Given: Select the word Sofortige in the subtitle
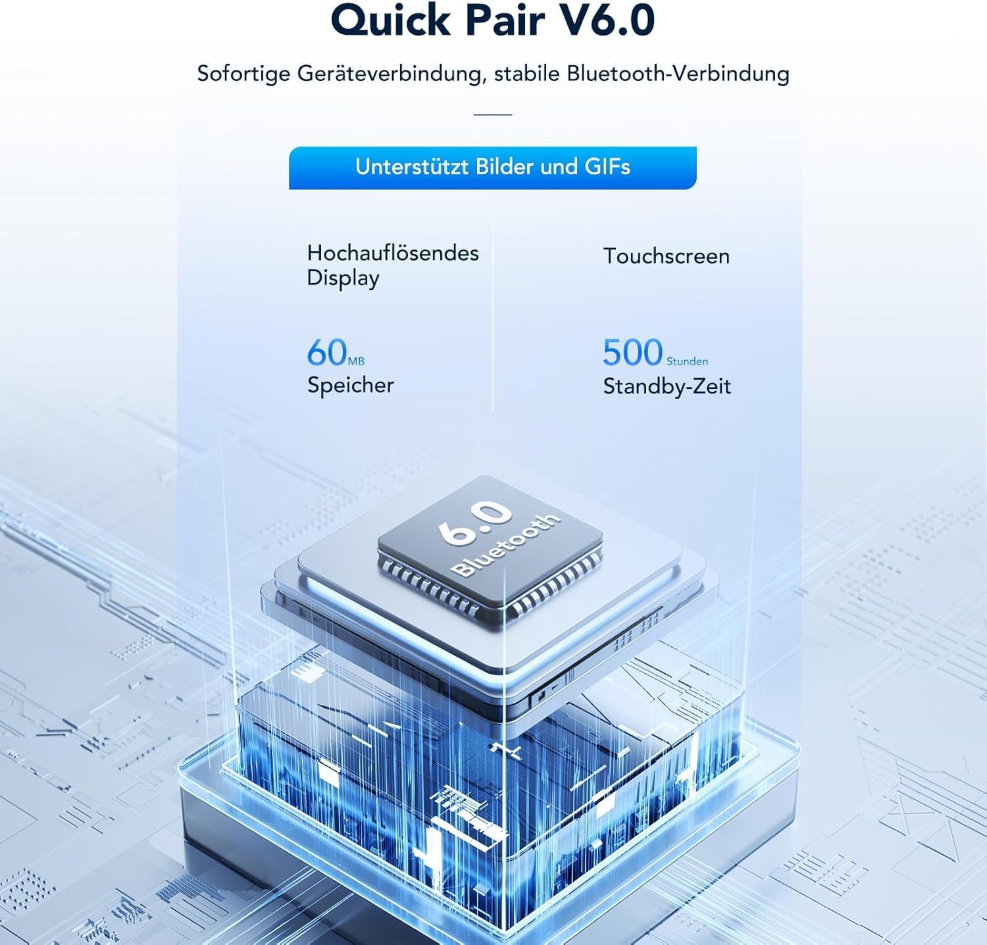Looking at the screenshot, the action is point(243,74).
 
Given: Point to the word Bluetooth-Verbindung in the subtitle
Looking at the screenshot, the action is point(678,73).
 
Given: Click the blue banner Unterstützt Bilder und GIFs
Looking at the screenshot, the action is point(492,168).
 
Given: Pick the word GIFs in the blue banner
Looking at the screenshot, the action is point(607,166).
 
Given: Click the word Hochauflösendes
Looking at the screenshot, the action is point(393,253).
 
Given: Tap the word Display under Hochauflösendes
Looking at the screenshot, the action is point(343,278).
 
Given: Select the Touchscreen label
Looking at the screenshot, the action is point(667,256).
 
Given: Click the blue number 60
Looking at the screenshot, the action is point(326,353).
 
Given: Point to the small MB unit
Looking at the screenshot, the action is point(356,361).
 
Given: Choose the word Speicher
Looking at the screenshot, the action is point(351,386).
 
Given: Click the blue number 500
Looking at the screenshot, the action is point(632,353).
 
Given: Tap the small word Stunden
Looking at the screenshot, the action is point(687,361).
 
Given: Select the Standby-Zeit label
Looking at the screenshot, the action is point(667,386).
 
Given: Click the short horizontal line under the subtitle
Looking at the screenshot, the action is point(493,115).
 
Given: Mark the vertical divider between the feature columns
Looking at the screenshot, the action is point(493,316).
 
